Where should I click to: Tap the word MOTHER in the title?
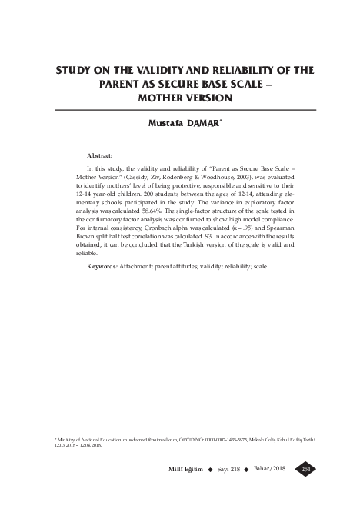(x=161, y=98)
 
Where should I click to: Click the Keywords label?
(x=102, y=265)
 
